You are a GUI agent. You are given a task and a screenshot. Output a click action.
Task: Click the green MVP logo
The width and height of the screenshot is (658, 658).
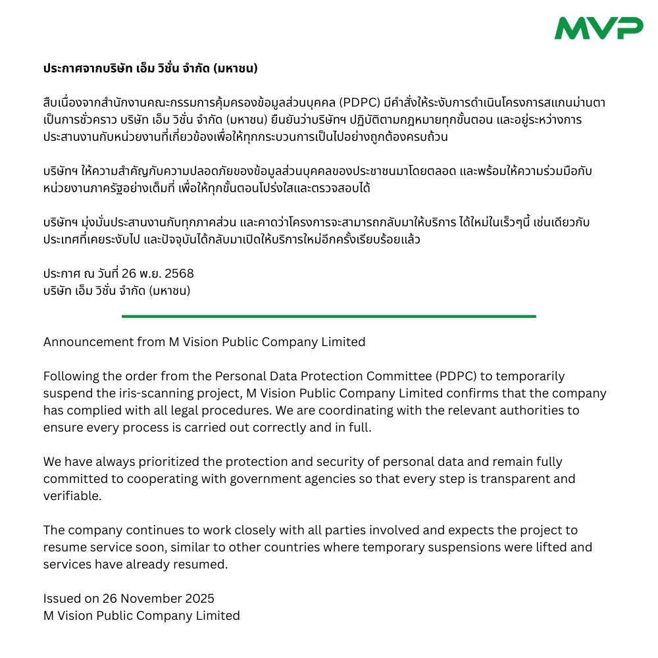click(598, 28)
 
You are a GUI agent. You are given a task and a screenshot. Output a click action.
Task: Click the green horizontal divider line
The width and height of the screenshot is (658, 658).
click(329, 316)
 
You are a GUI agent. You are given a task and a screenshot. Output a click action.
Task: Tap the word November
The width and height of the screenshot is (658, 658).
click(146, 599)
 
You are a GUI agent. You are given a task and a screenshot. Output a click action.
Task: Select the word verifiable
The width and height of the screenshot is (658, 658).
click(72, 496)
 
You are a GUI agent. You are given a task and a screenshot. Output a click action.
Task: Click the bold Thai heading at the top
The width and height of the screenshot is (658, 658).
click(150, 68)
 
